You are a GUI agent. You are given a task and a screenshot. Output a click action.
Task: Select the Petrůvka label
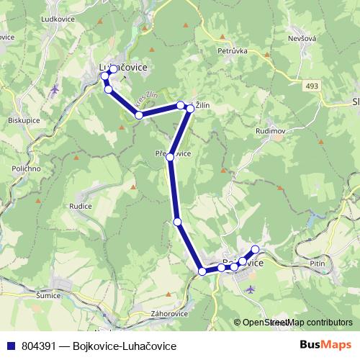(x=233, y=51)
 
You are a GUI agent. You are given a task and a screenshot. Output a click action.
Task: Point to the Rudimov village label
(x=271, y=132)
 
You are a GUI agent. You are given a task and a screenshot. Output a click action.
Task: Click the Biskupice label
(x=24, y=121)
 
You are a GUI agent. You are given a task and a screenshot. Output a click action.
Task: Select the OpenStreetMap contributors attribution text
(x=297, y=323)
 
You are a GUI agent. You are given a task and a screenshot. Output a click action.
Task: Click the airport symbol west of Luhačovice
(x=55, y=89)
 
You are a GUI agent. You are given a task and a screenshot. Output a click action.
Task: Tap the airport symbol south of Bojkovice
(x=250, y=289)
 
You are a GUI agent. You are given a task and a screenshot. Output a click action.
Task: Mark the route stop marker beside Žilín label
(x=190, y=108)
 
